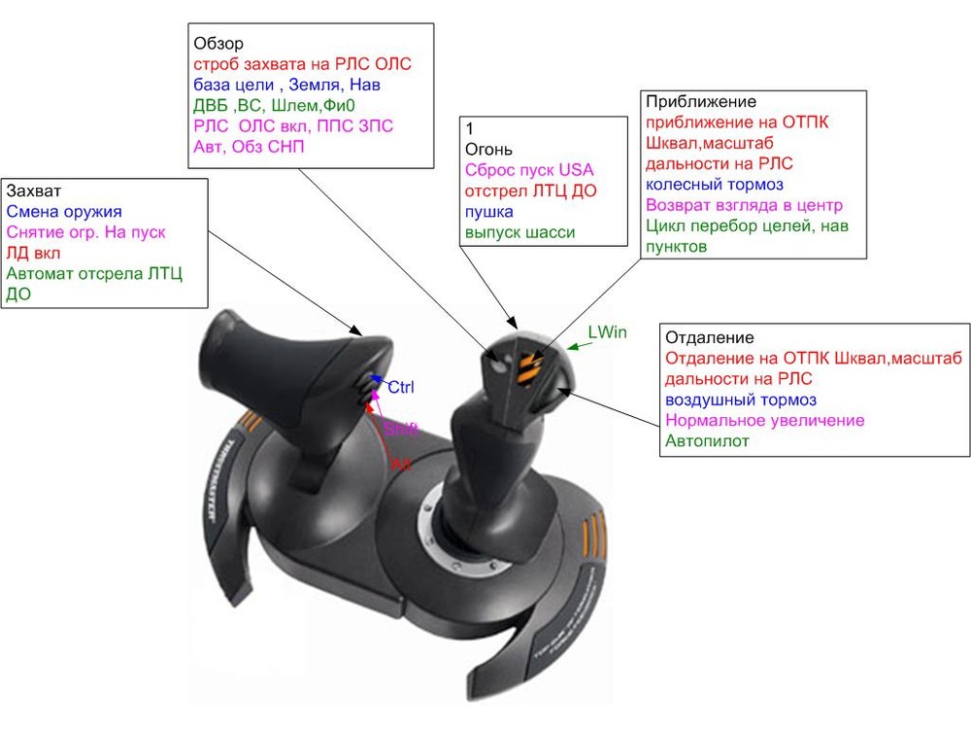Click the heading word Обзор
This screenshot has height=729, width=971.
tap(218, 44)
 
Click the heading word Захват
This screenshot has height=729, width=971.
tap(34, 190)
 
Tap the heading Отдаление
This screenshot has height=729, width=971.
tap(709, 337)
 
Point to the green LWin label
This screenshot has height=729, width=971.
tap(608, 332)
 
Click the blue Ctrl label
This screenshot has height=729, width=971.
tap(401, 387)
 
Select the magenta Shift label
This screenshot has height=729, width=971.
tap(400, 429)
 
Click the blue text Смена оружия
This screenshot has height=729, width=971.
tap(64, 211)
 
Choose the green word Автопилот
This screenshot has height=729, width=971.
tap(708, 441)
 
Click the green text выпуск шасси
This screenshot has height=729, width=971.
tap(519, 231)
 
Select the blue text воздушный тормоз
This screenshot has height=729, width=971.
tap(741, 399)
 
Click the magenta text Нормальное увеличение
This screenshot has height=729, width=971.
tap(764, 421)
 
